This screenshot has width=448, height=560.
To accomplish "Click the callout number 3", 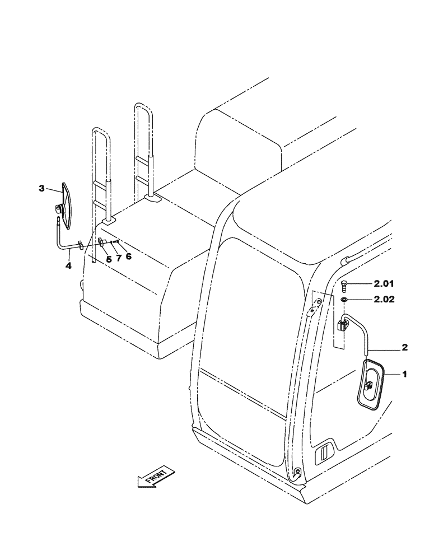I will coord(41,189).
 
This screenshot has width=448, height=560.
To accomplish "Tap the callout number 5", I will coord(109,259).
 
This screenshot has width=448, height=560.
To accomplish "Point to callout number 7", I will coord(118,258).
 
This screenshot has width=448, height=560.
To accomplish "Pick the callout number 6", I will coord(128,256).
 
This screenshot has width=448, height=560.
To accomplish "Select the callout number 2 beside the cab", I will coord(405,347).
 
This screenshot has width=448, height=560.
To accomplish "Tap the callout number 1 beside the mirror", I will coord(405,374).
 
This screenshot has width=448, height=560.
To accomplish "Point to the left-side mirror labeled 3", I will coord(67,206).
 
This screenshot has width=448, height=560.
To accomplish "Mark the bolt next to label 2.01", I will coord(344,286).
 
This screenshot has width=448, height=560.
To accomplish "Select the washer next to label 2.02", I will coord(344,300).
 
